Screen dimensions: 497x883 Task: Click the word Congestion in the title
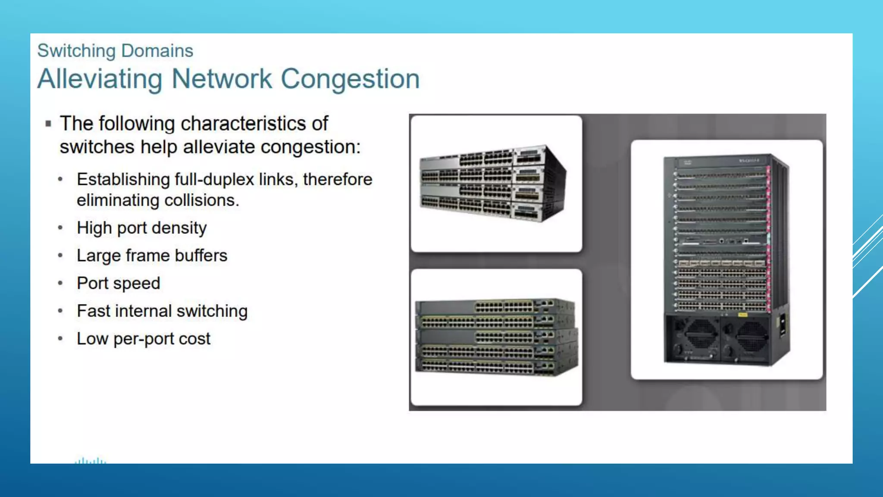350,79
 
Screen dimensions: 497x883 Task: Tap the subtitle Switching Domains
115,51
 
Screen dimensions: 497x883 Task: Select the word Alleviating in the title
100,79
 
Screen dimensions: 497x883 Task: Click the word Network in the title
222,79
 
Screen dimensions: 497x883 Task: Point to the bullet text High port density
141,228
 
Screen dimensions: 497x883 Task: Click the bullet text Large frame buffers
152,255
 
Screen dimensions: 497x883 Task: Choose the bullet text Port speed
119,283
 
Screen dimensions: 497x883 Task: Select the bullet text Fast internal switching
162,311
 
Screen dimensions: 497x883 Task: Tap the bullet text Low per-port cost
144,339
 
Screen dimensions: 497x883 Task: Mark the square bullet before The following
48,124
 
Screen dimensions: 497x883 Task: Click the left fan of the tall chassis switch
701,336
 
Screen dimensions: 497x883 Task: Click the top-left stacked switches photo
496,183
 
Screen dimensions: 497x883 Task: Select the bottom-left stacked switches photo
496,337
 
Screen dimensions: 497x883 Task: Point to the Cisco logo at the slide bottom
90,461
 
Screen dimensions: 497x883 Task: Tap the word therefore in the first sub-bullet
338,179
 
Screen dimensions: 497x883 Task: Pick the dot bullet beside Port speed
60,283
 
